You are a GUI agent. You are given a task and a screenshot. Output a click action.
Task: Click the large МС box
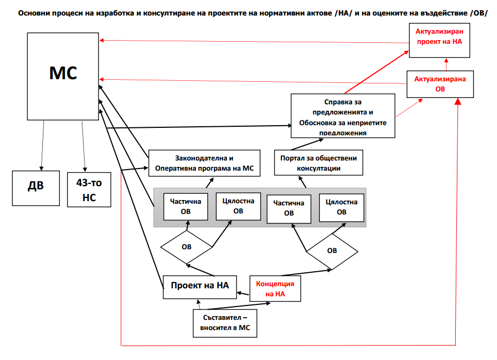63,76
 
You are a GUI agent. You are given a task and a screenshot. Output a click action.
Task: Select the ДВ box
36,188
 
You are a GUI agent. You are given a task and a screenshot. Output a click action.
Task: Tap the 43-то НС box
89,189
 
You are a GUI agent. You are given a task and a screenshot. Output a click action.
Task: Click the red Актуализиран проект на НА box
439,40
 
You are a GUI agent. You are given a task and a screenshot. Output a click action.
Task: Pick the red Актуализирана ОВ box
440,84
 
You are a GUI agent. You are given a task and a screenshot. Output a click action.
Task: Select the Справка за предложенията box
342,116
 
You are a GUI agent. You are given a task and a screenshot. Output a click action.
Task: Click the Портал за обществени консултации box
318,163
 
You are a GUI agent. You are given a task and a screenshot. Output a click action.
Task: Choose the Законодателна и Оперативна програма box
204,163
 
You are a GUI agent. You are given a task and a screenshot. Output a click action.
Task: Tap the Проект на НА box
200,287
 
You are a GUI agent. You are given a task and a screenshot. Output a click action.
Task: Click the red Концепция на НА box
275,288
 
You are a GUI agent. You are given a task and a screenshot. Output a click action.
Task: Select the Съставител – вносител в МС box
225,323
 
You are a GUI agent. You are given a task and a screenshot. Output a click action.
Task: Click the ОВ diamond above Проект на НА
186,247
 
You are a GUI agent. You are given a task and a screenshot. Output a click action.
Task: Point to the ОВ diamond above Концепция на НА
332,251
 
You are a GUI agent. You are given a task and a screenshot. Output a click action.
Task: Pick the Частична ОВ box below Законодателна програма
186,206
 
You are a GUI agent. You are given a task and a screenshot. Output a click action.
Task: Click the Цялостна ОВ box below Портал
341,208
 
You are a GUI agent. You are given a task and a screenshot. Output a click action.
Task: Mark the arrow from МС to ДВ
42,146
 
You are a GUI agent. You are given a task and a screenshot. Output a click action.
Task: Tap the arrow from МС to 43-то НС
83,147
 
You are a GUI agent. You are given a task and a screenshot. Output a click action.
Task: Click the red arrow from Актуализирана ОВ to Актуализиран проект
446,64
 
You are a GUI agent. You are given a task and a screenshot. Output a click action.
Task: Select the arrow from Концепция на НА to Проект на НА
243,294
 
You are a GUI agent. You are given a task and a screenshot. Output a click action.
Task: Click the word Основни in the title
35,13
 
